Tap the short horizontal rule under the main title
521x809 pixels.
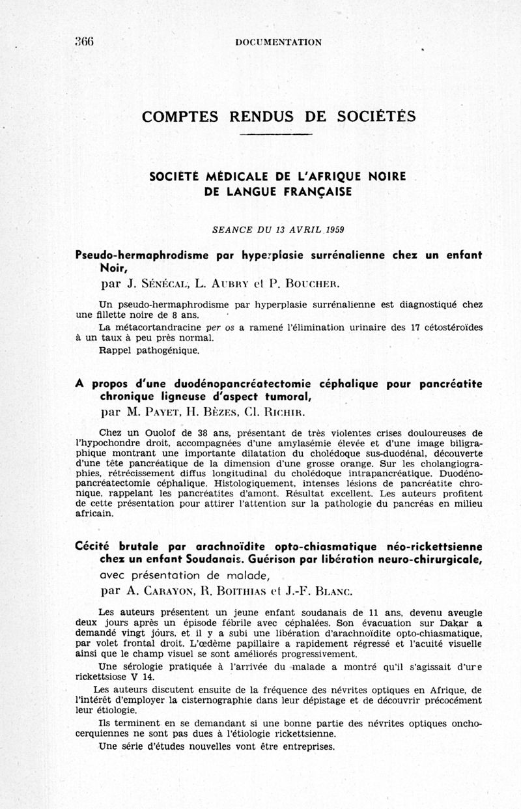coord(276,134)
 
